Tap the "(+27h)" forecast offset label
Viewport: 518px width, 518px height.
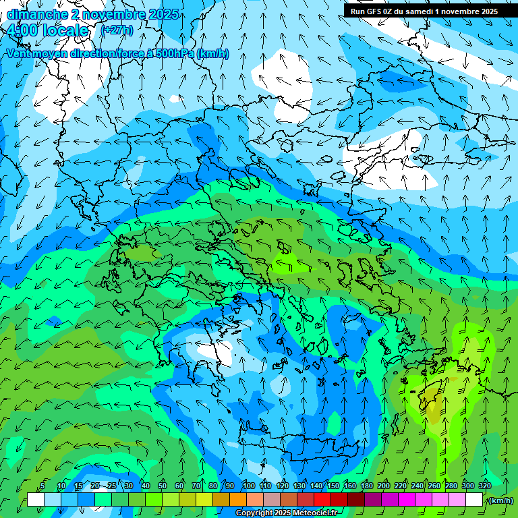[117, 30]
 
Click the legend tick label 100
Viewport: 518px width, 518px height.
[249, 486]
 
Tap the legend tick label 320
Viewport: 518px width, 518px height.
[485, 486]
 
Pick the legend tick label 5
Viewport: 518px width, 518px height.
[42, 486]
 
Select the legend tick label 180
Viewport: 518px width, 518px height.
[367, 486]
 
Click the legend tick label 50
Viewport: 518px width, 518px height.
[163, 486]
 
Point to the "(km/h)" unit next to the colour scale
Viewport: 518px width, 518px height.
[500, 500]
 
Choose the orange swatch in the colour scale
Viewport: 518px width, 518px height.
[239, 500]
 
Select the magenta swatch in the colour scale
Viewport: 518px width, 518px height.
[407, 500]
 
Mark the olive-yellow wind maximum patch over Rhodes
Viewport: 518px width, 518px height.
[432, 405]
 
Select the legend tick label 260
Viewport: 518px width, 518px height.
[434, 486]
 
